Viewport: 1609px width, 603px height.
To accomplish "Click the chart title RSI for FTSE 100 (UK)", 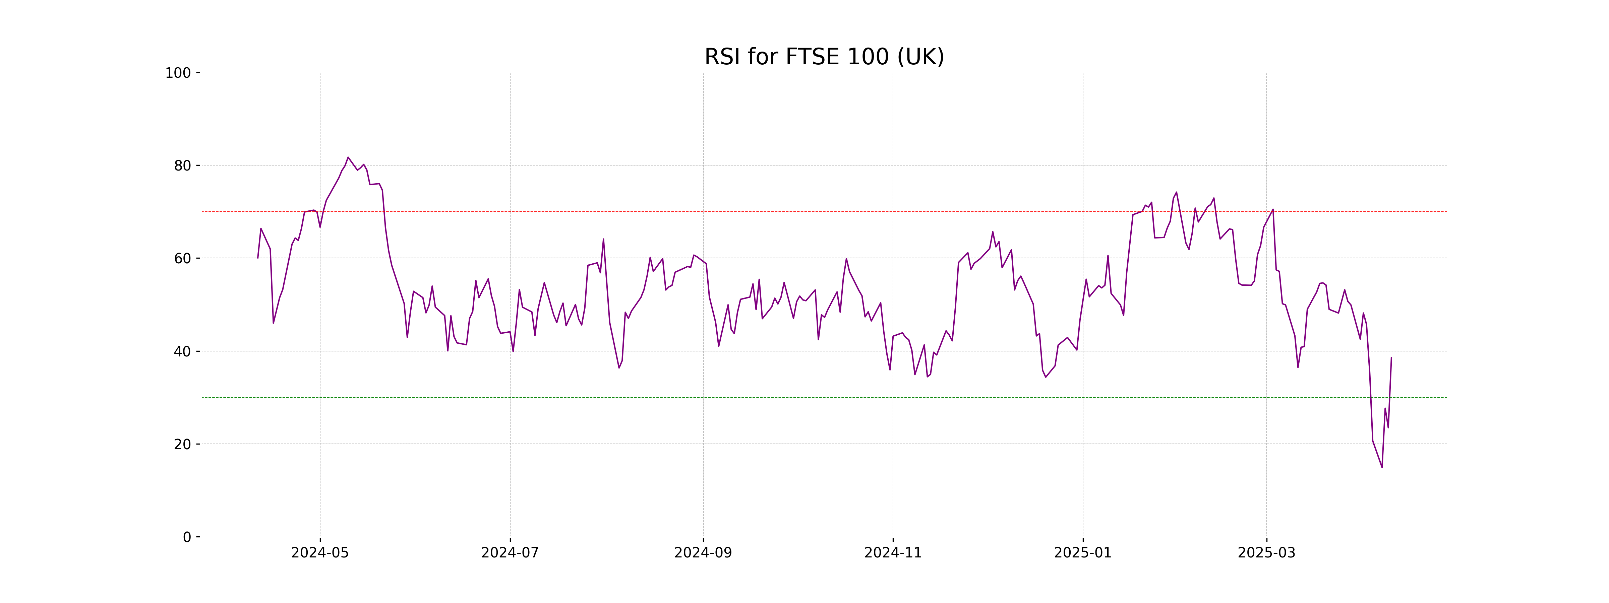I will [x=824, y=57].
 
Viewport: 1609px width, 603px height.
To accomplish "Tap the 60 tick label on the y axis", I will [x=182, y=258].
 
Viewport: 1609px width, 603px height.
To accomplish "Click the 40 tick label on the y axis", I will [x=182, y=351].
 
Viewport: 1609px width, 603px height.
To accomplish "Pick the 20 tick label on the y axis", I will [x=182, y=445].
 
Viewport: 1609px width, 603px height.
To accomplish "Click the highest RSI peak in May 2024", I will [x=348, y=157].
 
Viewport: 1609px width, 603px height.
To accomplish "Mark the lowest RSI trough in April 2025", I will [x=1382, y=467].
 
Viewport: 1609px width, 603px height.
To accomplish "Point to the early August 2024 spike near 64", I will [x=603, y=239].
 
